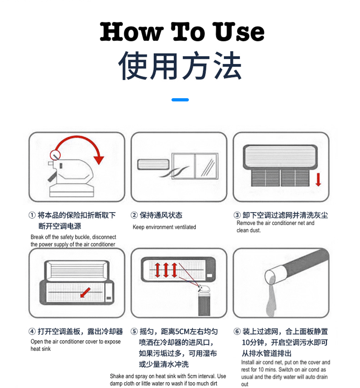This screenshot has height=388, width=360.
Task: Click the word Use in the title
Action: coord(239,32)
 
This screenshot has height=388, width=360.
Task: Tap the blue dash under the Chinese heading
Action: coord(180,100)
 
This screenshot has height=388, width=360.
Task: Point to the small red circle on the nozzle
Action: coord(55,154)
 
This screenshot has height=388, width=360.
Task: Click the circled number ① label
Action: coord(32,215)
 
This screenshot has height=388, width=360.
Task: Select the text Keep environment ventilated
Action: coord(164,227)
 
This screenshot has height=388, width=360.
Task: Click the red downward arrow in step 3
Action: coord(318,179)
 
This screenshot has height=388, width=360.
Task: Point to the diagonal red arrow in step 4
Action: coord(85,292)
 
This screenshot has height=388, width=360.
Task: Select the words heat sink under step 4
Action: coord(40,349)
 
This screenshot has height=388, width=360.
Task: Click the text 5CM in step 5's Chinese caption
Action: coord(182,331)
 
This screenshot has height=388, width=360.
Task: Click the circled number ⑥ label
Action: coord(237,331)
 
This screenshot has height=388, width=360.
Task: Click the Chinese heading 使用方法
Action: coord(180,66)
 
